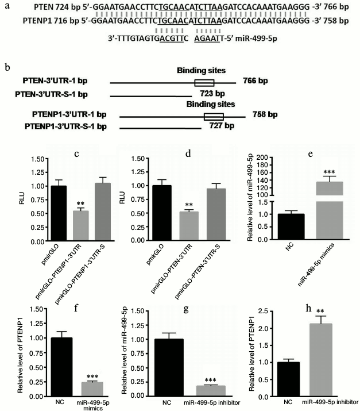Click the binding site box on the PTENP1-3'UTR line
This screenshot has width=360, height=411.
coord(214,116)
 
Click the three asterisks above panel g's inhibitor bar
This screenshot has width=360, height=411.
coord(206,379)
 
